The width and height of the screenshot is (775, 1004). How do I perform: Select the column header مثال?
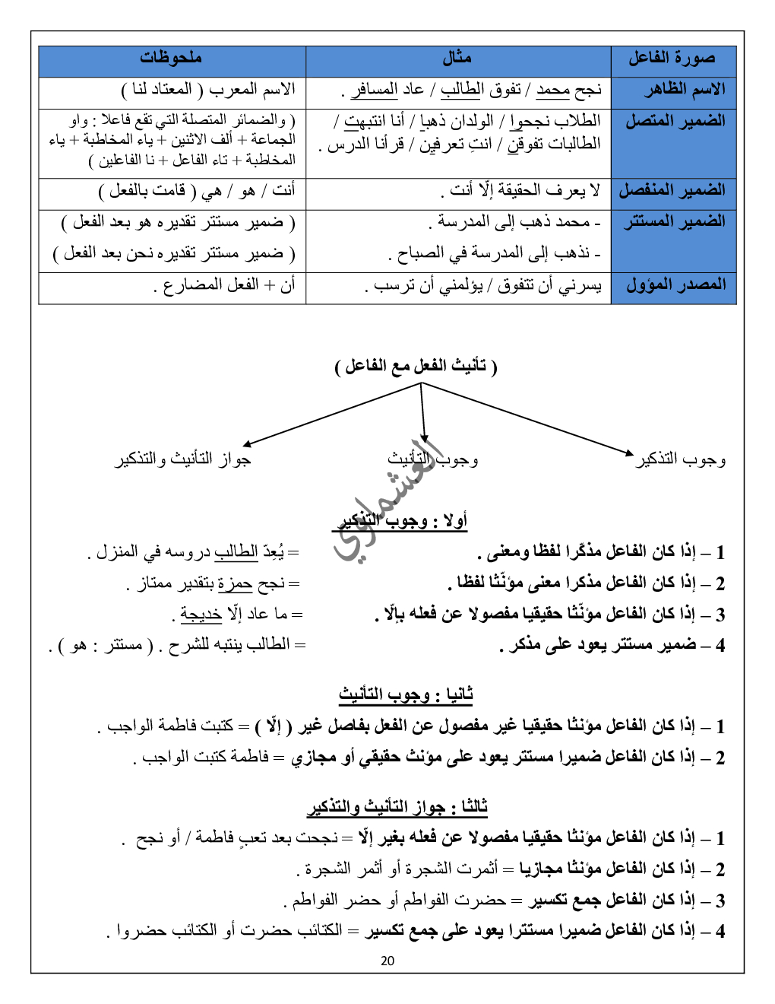457,58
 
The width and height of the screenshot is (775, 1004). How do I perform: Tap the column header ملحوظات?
171,58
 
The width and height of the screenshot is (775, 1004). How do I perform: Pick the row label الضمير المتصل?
675,121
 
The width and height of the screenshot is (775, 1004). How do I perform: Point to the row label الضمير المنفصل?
672,190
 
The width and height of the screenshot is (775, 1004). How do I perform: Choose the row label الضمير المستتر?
675,221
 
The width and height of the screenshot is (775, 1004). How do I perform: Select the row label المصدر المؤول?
675,285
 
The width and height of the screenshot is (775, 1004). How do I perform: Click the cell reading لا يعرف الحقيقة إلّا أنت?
521,190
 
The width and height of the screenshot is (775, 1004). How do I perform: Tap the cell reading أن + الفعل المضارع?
225,285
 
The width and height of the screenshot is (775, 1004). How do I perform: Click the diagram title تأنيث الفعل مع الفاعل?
416,366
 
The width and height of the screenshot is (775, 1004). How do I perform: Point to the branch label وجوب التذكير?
681,459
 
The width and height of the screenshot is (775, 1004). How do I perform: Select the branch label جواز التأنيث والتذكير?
183,459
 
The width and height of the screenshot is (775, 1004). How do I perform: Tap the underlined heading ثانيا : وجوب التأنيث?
406,694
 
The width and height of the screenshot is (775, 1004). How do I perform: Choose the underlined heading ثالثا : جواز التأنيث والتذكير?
397,806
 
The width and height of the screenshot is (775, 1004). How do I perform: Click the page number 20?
387,961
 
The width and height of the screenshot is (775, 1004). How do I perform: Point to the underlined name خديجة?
201,614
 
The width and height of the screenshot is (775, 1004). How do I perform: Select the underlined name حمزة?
234,583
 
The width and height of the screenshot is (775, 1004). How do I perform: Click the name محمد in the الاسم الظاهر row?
552,90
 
